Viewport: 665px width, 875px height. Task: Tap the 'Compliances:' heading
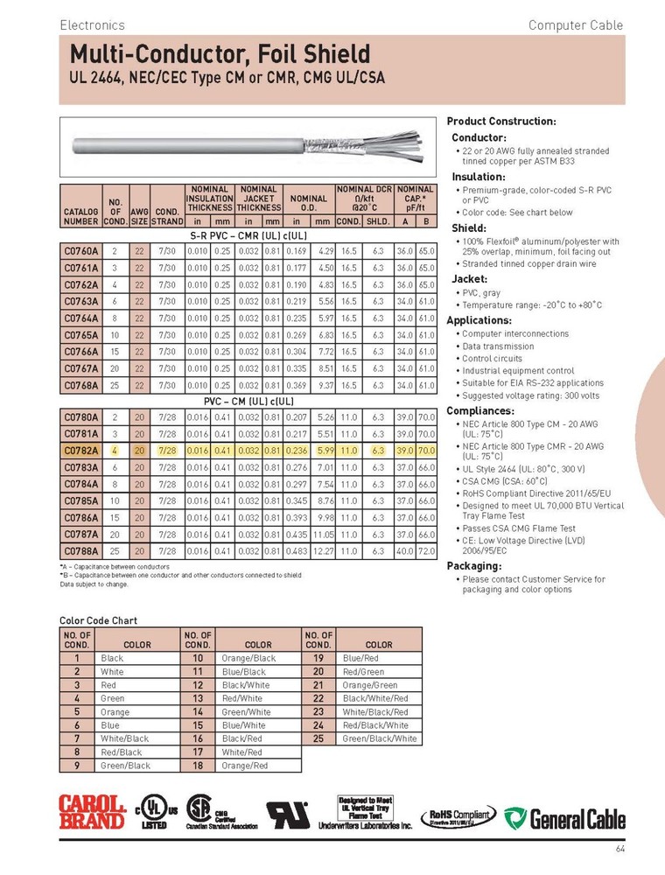pos(480,410)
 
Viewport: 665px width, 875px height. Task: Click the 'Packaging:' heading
pos(474,565)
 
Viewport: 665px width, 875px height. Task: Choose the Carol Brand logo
pos(92,812)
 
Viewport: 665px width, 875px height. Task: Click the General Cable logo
pos(568,818)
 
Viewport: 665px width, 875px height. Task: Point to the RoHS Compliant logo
pos(459,816)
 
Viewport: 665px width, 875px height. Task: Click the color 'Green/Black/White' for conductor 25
pos(380,738)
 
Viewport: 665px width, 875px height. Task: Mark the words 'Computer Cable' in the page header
pos(575,25)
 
